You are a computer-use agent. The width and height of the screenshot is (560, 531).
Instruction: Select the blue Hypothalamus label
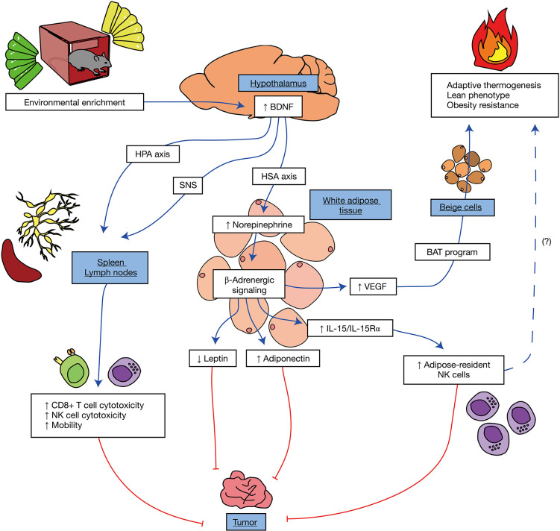pyautogui.click(x=279, y=81)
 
